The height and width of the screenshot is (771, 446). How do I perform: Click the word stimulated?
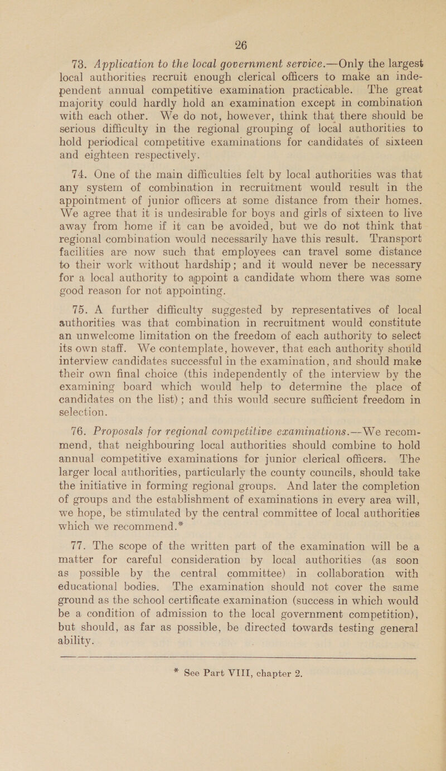(125, 504)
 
